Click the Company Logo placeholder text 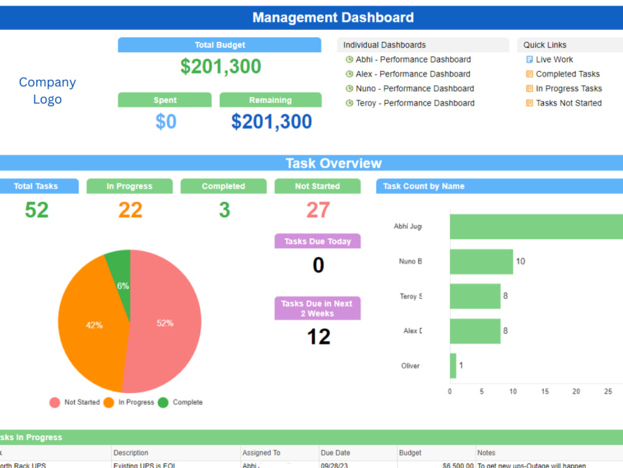pyautogui.click(x=47, y=90)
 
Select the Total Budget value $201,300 pyautogui.click(x=221, y=67)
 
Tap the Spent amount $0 pyautogui.click(x=166, y=122)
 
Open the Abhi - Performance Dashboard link pyautogui.click(x=413, y=59)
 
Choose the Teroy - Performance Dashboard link pyautogui.click(x=415, y=103)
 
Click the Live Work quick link pyautogui.click(x=554, y=59)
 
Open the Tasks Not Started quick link pyautogui.click(x=568, y=103)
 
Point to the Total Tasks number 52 pyautogui.click(x=37, y=210)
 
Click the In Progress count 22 pyautogui.click(x=130, y=210)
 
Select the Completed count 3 pyautogui.click(x=224, y=210)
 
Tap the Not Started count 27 pyautogui.click(x=318, y=210)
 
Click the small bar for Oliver pyautogui.click(x=453, y=366)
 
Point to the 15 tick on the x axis pyautogui.click(x=545, y=392)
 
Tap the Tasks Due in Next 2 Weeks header pyautogui.click(x=318, y=308)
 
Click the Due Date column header pyautogui.click(x=335, y=453)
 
